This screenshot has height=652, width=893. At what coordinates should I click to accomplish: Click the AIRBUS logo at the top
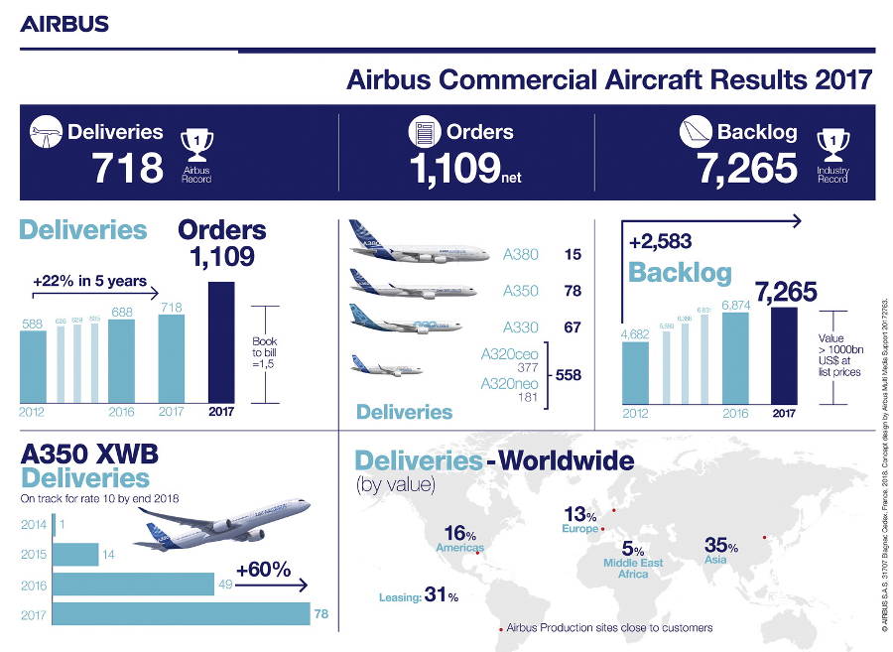point(64,24)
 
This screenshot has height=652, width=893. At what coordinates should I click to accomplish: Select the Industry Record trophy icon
point(831,150)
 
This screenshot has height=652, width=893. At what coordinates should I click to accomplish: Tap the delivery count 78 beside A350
point(573,292)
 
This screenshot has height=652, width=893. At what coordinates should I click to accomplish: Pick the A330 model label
point(521,327)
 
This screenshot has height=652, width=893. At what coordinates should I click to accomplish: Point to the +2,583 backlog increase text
point(660,241)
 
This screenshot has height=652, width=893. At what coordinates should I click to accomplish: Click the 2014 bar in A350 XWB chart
point(54,524)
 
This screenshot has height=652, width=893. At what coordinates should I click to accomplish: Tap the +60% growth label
point(263,570)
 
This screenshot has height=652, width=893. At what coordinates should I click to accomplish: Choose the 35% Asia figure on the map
point(720,545)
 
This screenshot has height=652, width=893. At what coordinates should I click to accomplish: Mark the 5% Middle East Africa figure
point(633,550)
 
